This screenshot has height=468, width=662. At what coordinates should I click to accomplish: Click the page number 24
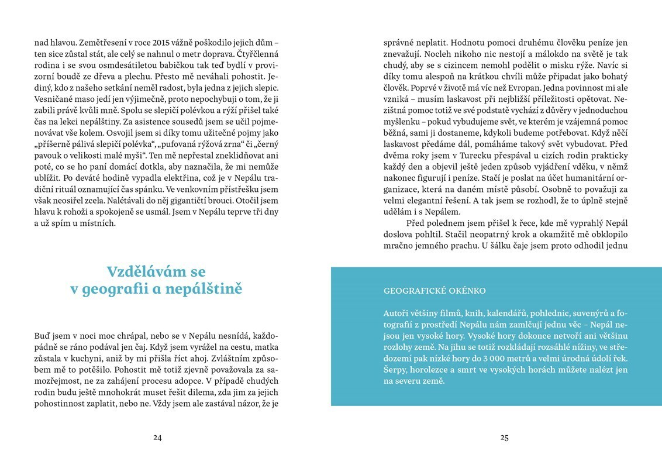tap(157, 438)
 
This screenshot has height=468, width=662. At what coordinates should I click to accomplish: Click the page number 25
tap(505, 438)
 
